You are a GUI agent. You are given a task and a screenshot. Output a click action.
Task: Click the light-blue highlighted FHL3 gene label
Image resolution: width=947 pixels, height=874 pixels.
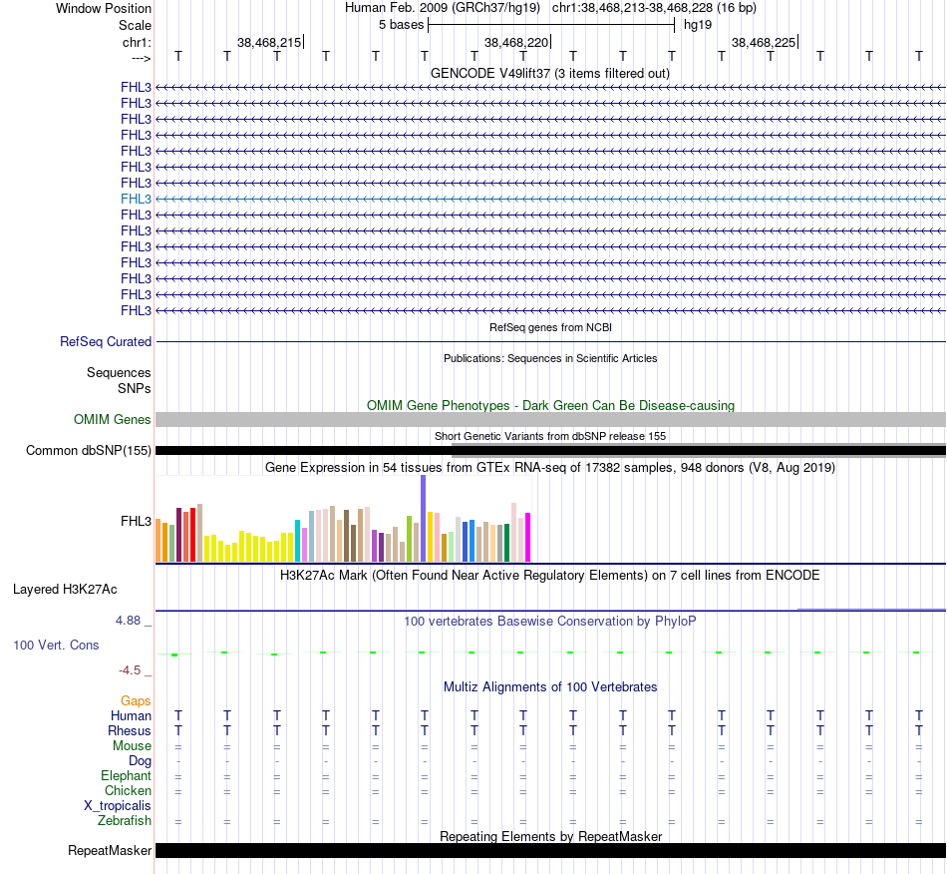(137, 199)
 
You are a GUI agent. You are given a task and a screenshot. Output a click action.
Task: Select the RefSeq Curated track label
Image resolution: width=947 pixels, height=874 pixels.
(106, 341)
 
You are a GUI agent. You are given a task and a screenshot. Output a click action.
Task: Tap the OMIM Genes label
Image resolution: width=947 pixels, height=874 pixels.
(113, 420)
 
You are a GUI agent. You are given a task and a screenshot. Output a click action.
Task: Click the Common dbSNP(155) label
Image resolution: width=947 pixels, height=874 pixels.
(89, 451)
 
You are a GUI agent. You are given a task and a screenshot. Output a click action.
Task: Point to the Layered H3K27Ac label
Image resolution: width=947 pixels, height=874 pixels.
(65, 589)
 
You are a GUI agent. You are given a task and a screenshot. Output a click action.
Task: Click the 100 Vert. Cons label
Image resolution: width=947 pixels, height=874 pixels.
(56, 646)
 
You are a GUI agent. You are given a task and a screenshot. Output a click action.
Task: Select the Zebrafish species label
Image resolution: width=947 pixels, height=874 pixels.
(125, 821)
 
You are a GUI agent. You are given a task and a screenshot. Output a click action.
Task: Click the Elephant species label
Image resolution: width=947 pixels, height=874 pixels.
(126, 776)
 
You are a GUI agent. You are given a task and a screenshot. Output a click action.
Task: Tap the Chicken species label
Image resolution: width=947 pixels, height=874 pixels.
(128, 791)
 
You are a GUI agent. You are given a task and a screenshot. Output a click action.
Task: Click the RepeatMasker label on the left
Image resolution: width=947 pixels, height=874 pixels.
(110, 851)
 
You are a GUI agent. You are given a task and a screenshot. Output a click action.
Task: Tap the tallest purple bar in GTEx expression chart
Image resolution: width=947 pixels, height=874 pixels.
(424, 519)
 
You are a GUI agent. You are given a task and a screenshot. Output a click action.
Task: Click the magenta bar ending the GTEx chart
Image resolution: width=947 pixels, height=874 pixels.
(527, 537)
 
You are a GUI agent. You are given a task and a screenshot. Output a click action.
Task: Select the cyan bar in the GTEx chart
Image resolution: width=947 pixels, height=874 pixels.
(298, 540)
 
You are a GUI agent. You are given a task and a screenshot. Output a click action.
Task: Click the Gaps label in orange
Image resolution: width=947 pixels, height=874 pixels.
(136, 701)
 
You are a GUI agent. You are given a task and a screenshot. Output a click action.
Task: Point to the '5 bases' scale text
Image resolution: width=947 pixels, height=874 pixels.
(401, 24)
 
